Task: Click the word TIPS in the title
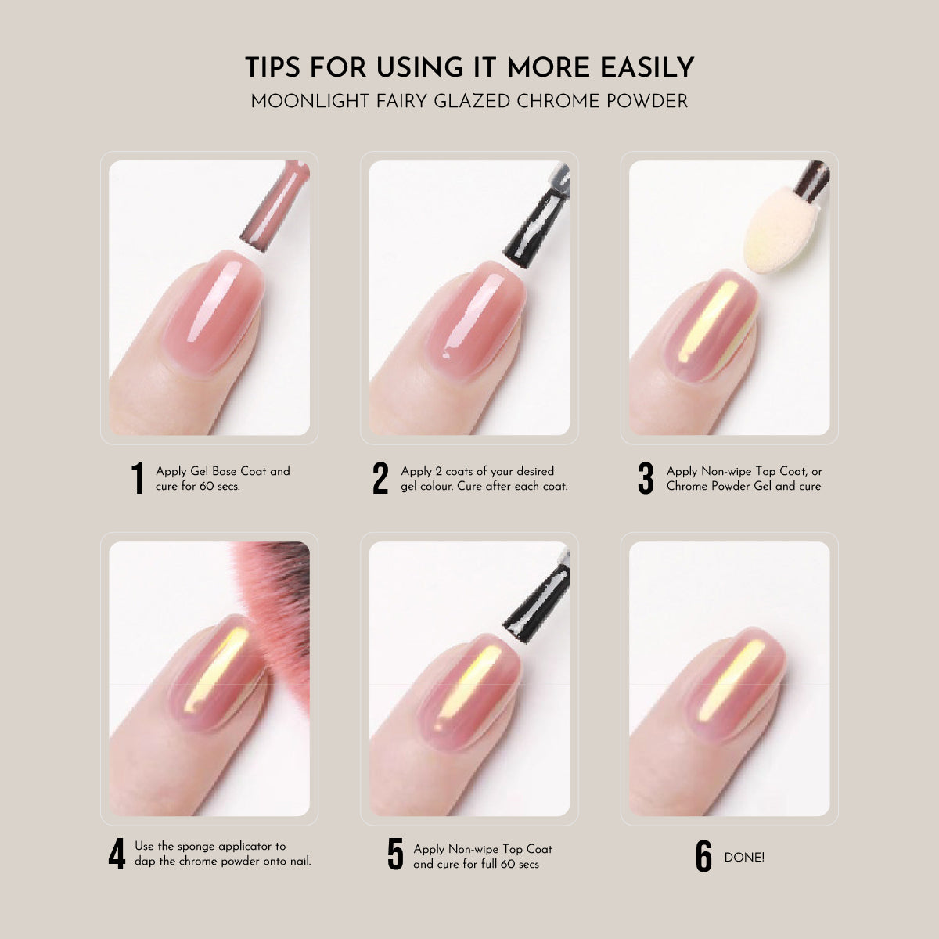[x=272, y=67]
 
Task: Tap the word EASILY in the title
[x=647, y=67]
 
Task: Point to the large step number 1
[x=138, y=478]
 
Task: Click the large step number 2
[x=380, y=478]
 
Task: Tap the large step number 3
[x=646, y=478]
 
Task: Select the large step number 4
[x=117, y=854]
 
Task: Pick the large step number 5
[x=396, y=854]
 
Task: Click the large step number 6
[x=703, y=856]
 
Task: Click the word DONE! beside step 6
[x=744, y=857]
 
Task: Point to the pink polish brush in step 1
[x=275, y=205]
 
